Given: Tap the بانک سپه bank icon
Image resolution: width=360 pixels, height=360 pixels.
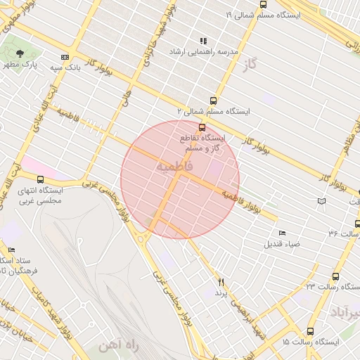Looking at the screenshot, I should tap(65, 57).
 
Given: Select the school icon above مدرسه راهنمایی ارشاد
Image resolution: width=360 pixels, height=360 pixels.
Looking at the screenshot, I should tap(203, 41).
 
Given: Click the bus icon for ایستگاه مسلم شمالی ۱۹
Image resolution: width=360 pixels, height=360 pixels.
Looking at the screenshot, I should tap(263, 4).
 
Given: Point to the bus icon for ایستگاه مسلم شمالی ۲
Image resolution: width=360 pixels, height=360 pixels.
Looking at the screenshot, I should tap(213, 101).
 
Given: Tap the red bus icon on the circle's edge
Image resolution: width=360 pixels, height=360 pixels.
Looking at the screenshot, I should tap(202, 127).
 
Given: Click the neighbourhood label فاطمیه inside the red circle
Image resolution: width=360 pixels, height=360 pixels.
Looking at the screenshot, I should tap(174, 167).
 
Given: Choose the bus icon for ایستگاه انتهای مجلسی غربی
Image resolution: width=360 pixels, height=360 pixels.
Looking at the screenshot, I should tap(41, 179).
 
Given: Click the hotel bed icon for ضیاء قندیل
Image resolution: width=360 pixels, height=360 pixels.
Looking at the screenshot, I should tap(282, 233).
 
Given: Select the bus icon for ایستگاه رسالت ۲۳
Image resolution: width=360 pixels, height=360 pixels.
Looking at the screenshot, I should tap(335, 276).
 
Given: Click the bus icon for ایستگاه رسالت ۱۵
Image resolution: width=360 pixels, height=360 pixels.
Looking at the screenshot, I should tap(310, 331).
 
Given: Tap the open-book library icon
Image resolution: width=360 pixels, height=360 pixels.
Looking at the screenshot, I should tap(321, 201).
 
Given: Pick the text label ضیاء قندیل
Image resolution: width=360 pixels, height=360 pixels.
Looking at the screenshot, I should tap(282, 244).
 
